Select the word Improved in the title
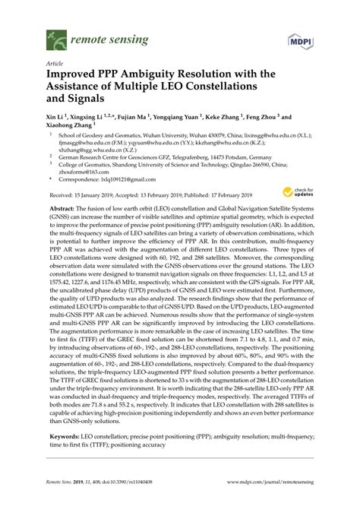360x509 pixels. click(76, 78)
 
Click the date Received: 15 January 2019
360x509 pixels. click(80, 195)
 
